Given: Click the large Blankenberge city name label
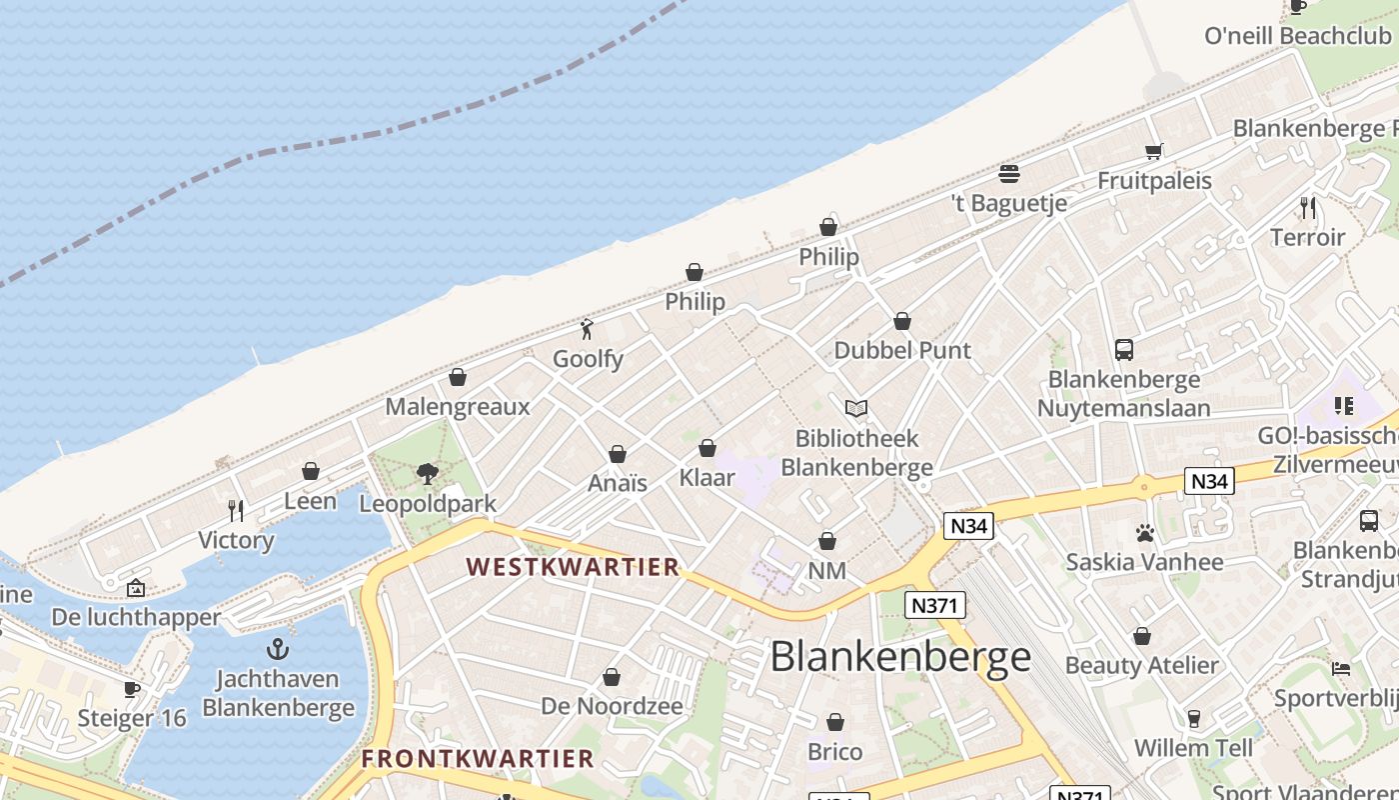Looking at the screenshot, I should [x=900, y=656].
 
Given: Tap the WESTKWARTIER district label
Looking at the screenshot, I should [x=573, y=567].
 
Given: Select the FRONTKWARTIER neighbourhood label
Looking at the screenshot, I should [x=478, y=758].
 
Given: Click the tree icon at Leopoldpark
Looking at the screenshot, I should [x=428, y=473].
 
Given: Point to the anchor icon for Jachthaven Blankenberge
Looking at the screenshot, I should [x=278, y=650].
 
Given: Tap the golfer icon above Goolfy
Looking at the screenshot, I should [x=587, y=329].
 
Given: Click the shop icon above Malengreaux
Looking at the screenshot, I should [x=458, y=377].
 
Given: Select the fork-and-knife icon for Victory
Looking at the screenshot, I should [x=236, y=511].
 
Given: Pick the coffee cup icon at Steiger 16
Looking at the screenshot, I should [x=131, y=689].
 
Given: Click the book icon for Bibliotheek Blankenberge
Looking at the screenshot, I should [x=856, y=408].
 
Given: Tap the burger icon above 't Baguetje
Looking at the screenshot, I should [x=1008, y=174].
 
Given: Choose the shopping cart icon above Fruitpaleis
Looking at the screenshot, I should [x=1154, y=152].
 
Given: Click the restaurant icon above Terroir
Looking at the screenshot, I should [x=1307, y=208].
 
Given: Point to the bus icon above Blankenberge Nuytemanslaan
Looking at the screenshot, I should [x=1124, y=350].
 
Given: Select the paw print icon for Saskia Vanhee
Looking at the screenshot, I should [x=1144, y=532].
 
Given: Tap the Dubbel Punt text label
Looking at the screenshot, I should [x=902, y=350].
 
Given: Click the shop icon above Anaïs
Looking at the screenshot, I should [x=618, y=454].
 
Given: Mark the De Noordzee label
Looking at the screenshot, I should [x=612, y=706].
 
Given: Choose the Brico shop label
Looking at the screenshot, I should [x=835, y=752].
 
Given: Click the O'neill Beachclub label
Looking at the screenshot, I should [x=1297, y=37].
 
